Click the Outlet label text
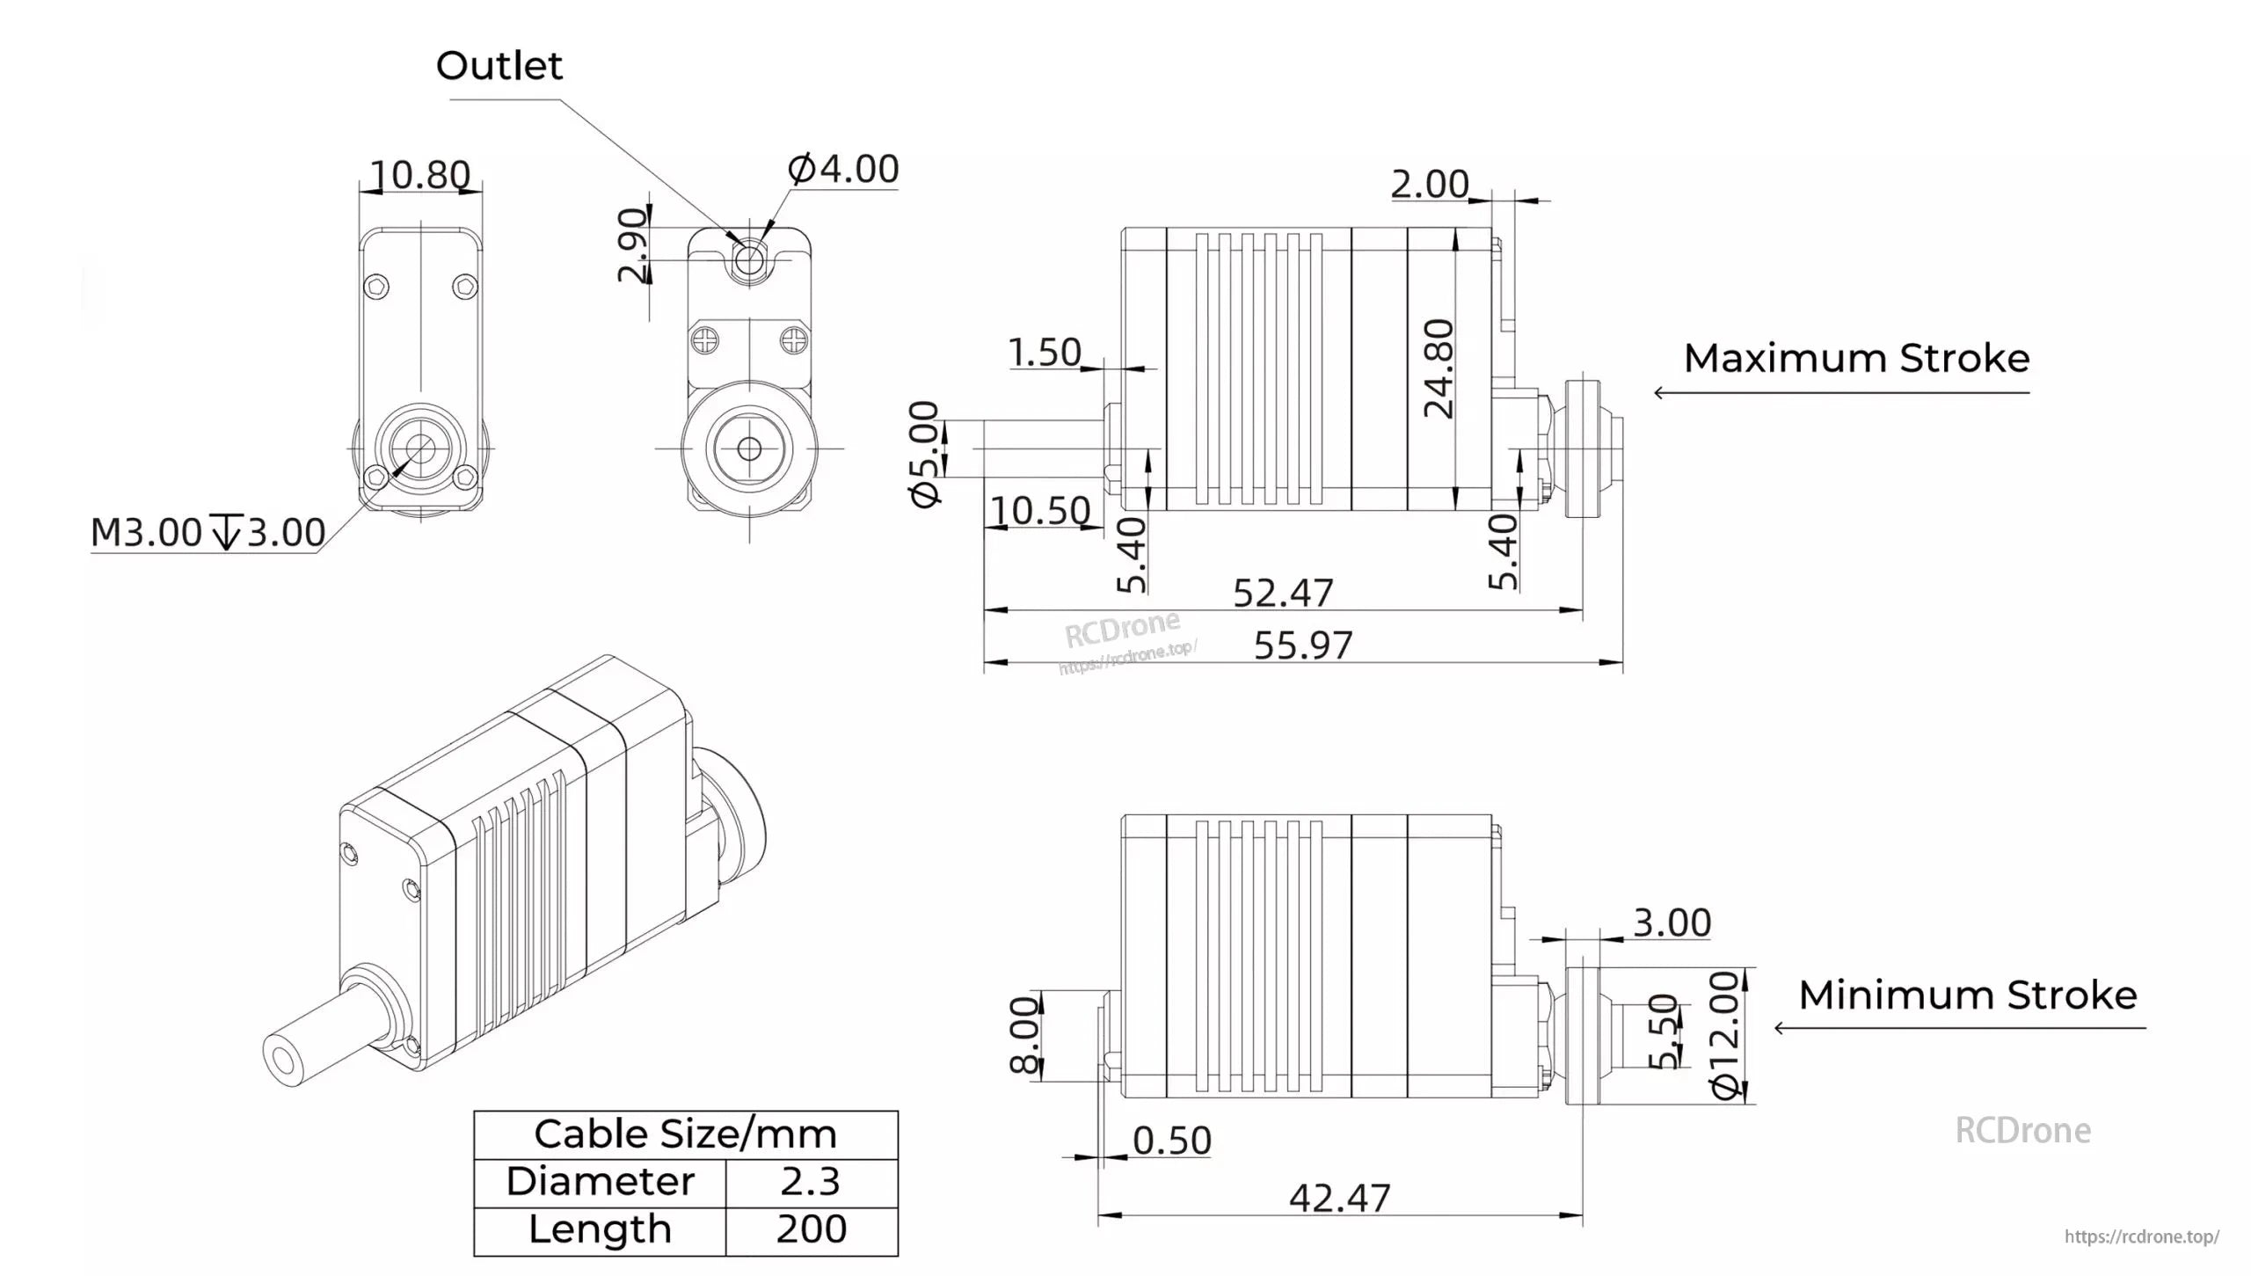(499, 66)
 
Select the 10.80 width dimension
(419, 175)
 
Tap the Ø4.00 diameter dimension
(843, 169)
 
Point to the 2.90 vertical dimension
(632, 244)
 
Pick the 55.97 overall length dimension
(1302, 645)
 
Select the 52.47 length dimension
(1283, 593)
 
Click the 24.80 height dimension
(1439, 368)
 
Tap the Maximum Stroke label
(1856, 359)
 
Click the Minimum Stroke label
(1967, 995)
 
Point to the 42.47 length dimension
(1339, 1198)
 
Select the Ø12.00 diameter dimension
(1726, 1034)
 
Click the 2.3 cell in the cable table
(810, 1182)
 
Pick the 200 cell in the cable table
(810, 1229)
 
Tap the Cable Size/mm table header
(685, 1134)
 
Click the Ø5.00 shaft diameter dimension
(925, 454)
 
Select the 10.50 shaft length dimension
(1040, 511)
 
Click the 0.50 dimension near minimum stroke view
(1171, 1141)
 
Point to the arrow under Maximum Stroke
(1841, 392)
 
